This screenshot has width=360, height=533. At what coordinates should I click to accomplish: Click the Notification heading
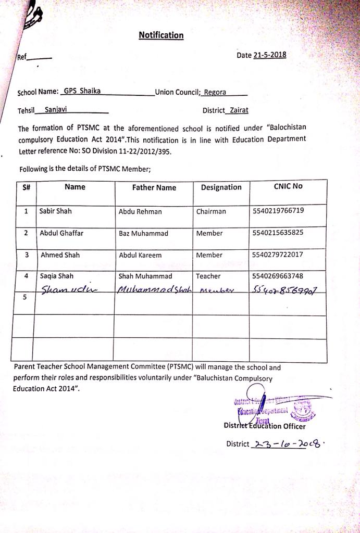(x=161, y=35)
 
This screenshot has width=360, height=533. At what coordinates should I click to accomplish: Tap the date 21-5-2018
(x=269, y=55)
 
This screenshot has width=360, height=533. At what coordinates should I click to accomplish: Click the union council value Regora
(x=215, y=92)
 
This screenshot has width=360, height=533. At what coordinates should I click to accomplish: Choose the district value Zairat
(x=239, y=110)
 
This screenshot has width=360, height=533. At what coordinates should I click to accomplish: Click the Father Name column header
(x=154, y=187)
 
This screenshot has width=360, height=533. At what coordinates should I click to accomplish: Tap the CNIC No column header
(x=288, y=186)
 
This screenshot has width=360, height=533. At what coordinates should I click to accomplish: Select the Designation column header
(x=221, y=187)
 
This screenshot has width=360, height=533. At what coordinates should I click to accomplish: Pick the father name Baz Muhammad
(x=143, y=233)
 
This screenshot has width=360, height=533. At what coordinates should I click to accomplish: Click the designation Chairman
(x=211, y=211)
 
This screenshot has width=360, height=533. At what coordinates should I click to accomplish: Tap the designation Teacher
(x=208, y=276)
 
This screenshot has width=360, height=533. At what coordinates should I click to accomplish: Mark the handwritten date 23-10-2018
(x=287, y=443)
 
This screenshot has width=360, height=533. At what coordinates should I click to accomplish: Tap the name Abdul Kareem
(x=140, y=255)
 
